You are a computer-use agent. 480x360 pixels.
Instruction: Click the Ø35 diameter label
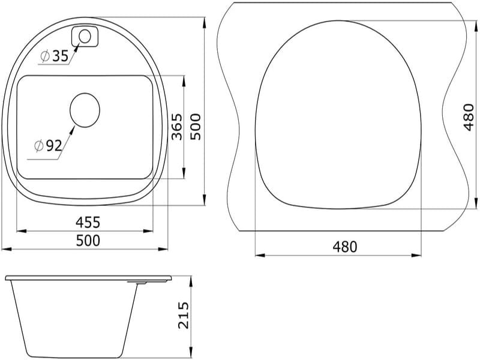point(54,56)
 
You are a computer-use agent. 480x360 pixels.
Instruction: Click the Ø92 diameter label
point(49,146)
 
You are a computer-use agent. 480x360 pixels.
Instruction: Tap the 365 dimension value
point(177,127)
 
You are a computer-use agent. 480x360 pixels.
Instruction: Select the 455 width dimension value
point(88,222)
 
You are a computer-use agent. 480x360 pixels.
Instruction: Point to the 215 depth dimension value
point(184,316)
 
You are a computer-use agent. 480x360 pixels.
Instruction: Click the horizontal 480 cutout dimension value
point(344,247)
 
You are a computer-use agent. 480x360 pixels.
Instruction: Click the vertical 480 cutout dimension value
point(469,117)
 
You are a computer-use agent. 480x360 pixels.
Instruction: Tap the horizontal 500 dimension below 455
point(88,241)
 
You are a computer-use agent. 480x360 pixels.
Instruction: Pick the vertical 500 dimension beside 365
point(196,127)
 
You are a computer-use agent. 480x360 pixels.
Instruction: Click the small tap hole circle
point(85,37)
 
